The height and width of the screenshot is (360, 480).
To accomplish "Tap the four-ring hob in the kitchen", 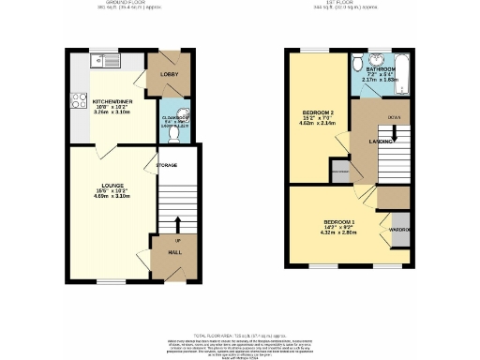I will pyautogui.click(x=76, y=97).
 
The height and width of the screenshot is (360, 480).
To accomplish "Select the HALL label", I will pyautogui.click(x=173, y=251).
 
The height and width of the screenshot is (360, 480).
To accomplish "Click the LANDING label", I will pyautogui.click(x=380, y=142).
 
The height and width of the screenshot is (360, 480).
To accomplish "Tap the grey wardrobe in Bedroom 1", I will pyautogui.click(x=401, y=230).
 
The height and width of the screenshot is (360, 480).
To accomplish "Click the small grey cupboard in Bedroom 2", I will pyautogui.click(x=341, y=172).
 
